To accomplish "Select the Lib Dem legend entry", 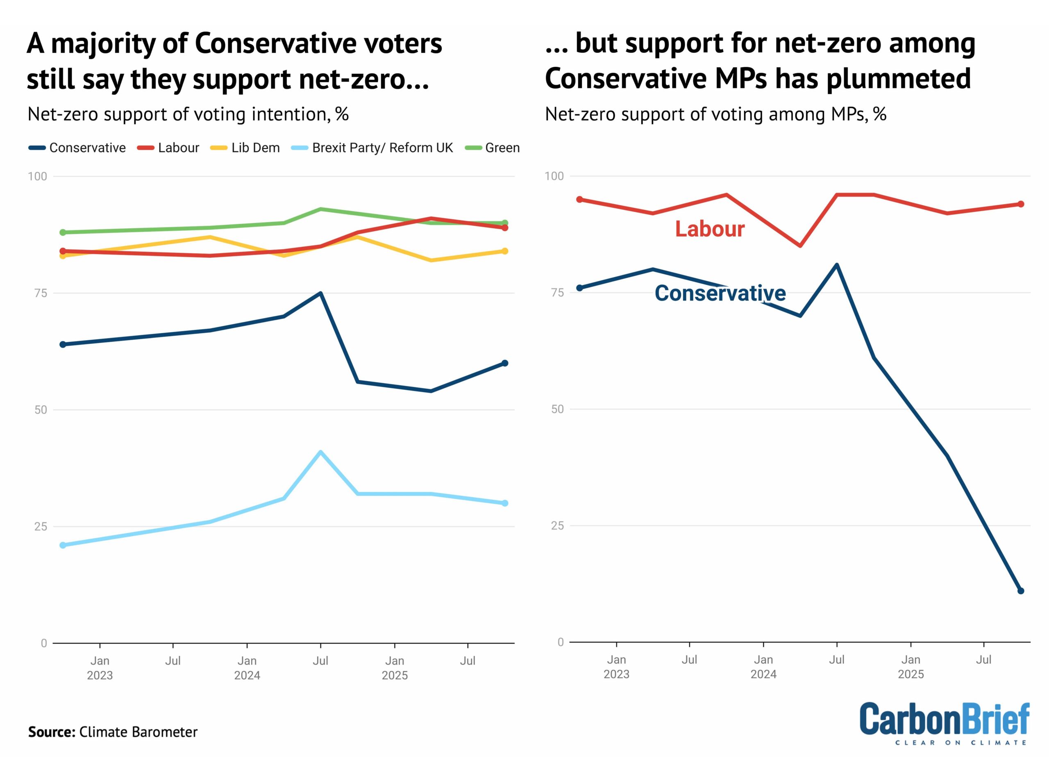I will (x=245, y=148).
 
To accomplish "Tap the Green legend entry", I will (x=493, y=148).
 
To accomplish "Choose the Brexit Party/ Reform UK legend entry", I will (x=372, y=148).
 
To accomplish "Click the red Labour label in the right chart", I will (x=709, y=229).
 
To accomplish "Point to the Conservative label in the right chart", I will (x=720, y=293).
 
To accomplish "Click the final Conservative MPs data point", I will (x=1021, y=591).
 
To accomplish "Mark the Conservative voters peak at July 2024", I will (x=320, y=293).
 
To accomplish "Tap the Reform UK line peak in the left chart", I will (x=320, y=452).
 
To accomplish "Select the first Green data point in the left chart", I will (x=63, y=232).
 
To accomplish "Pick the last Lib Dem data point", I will (x=504, y=251).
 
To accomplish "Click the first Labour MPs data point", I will (x=579, y=200).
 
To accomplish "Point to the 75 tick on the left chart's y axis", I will (x=41, y=293).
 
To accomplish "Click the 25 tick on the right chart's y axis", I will (x=557, y=526).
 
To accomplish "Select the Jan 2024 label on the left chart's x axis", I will (x=247, y=668).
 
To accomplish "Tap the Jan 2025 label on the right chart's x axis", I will (x=911, y=667).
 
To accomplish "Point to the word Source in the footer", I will (x=51, y=732).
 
